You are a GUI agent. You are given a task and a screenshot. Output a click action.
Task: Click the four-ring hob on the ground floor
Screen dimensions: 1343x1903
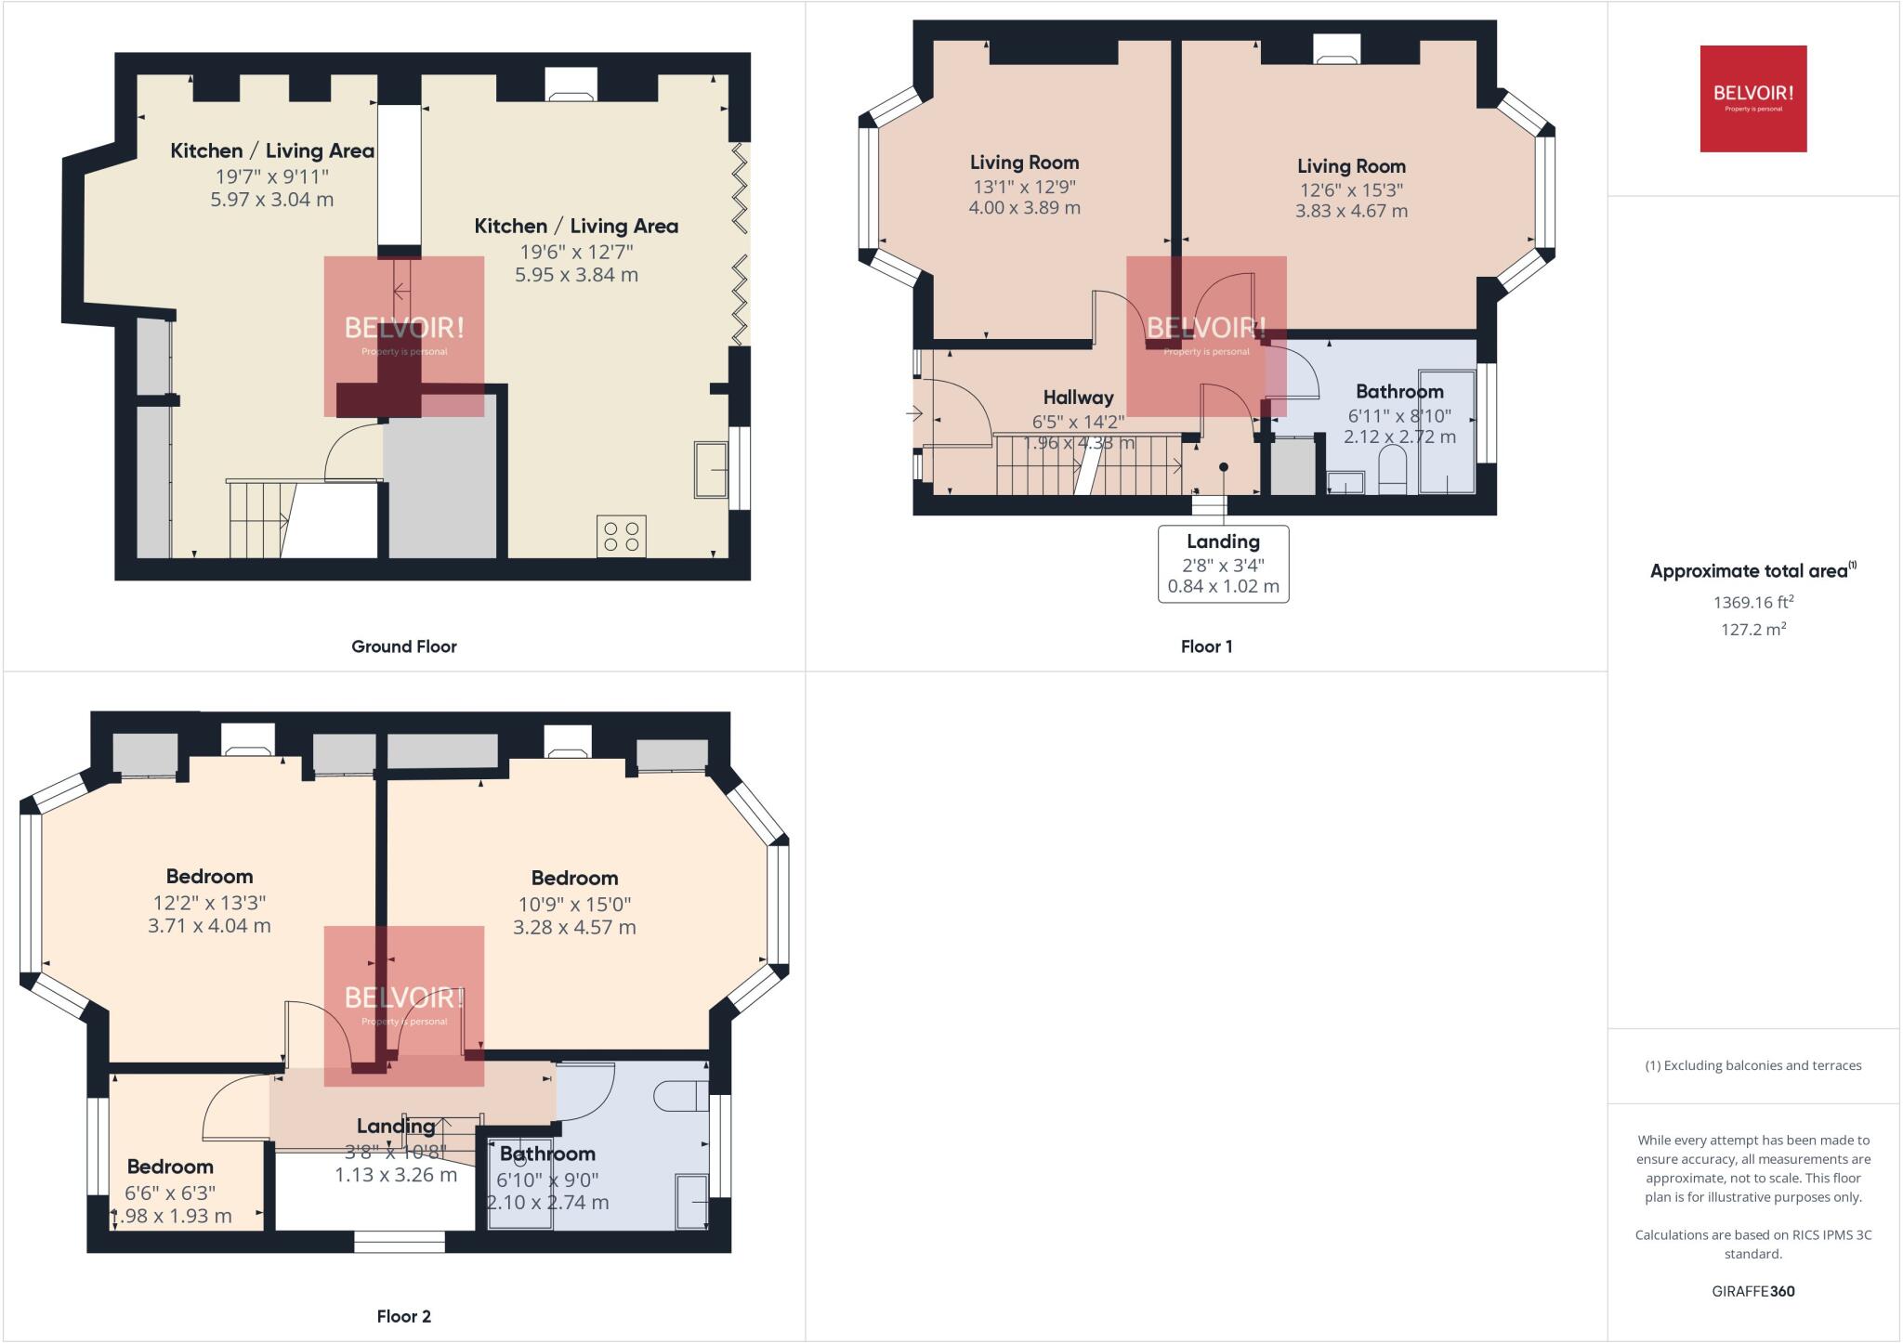[x=622, y=537]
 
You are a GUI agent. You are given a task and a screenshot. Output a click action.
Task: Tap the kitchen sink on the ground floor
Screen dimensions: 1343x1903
[x=711, y=470]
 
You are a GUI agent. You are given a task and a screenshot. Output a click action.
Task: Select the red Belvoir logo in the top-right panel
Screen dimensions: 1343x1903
[x=1752, y=98]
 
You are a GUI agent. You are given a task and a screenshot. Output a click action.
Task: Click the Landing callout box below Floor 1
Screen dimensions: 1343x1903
[x=1223, y=564]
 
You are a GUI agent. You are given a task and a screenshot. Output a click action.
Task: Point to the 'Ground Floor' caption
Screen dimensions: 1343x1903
[x=403, y=646]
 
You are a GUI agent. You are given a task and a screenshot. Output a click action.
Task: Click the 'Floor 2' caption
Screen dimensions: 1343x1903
[x=403, y=1316]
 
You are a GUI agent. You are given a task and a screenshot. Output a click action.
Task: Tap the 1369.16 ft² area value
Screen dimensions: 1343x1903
[x=1752, y=602]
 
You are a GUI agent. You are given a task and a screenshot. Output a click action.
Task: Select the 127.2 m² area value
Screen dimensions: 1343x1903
[x=1752, y=629]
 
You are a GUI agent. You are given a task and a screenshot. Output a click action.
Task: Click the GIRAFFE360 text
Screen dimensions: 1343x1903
[x=1752, y=1291]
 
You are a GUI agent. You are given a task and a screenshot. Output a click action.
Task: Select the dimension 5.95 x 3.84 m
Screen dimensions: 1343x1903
[x=576, y=275]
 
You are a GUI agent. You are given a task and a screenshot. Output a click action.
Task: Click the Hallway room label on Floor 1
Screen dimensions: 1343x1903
[x=1078, y=398]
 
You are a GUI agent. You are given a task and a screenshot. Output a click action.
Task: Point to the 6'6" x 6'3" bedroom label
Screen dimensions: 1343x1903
[x=170, y=1192]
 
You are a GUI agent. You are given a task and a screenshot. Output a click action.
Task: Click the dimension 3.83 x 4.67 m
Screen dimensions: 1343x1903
[x=1351, y=211]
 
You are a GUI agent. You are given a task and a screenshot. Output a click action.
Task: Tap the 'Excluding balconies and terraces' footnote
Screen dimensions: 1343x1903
[x=1752, y=1065]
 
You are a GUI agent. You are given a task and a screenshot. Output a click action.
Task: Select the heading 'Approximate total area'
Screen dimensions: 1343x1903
[x=1751, y=571]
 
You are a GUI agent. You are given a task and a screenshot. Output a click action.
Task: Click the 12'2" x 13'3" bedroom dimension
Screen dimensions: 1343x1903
[x=209, y=902]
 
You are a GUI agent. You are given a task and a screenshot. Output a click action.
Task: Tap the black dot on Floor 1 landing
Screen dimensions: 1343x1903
[x=1224, y=467]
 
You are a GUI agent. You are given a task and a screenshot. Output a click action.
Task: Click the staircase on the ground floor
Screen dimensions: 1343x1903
[x=259, y=519]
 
